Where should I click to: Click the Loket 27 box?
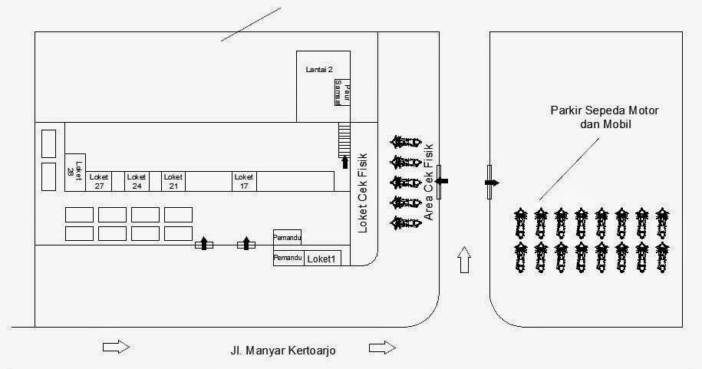[99, 181]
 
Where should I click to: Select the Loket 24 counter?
[136, 181]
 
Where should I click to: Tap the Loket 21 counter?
[173, 181]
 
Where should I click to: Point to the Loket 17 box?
[244, 181]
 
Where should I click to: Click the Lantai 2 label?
[319, 69]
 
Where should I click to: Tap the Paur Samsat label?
[341, 92]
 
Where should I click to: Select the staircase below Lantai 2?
[344, 139]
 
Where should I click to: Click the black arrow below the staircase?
[345, 162]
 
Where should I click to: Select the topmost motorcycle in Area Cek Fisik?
[405, 142]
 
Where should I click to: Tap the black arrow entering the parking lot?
[492, 182]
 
